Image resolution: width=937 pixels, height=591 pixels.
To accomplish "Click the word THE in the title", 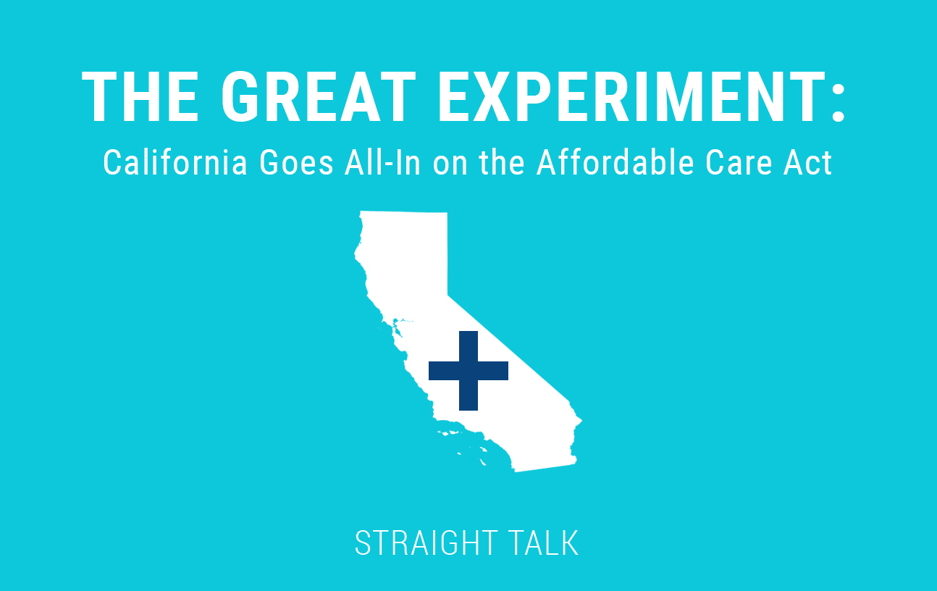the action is [x=140, y=96].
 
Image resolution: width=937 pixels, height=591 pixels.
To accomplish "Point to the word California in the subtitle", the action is [x=175, y=162].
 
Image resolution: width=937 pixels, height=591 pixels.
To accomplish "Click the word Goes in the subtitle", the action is [x=297, y=163].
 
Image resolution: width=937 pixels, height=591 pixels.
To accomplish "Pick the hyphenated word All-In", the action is [x=383, y=162].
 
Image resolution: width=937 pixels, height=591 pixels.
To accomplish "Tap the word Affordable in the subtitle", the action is [x=615, y=162].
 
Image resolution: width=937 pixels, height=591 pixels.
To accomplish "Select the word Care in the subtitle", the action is [x=739, y=163].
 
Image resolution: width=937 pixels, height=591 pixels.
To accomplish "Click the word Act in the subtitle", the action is [x=807, y=163].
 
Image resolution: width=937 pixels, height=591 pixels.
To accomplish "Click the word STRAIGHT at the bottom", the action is [x=427, y=543].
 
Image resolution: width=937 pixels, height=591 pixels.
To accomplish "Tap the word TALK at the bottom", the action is [x=543, y=543].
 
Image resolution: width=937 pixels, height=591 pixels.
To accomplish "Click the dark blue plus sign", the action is [x=468, y=371].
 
